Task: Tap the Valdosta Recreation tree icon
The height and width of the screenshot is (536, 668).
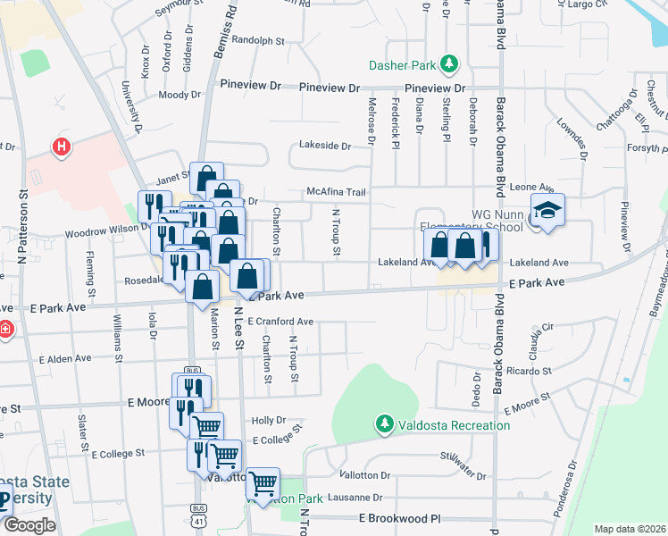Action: pos(384,424)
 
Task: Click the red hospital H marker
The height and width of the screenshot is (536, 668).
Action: pos(61,145)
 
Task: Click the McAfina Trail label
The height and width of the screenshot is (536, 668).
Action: pos(337,191)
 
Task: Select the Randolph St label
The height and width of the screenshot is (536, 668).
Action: pos(257,40)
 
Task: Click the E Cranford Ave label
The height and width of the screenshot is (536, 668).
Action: pos(280,322)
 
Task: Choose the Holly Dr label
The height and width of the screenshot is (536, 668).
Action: pos(268,420)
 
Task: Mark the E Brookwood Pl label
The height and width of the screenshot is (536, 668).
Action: pos(400,518)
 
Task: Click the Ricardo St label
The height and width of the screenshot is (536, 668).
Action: pos(529,370)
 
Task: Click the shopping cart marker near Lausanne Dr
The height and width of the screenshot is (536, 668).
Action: pos(263,485)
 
